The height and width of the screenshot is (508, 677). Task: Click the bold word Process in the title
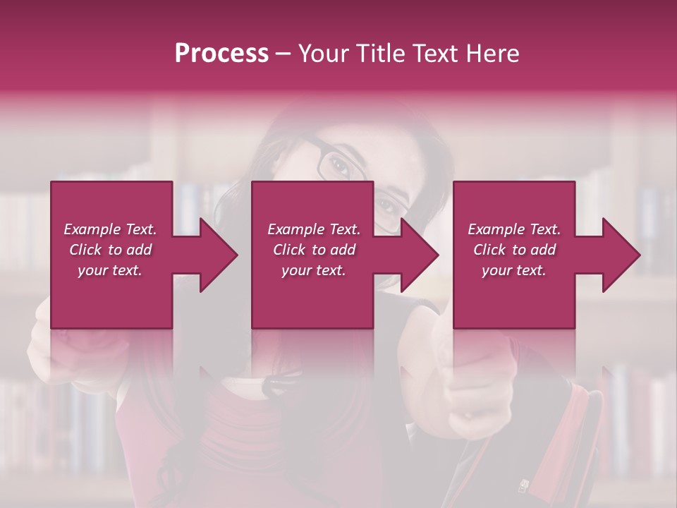(x=221, y=54)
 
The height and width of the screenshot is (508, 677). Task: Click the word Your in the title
(x=323, y=54)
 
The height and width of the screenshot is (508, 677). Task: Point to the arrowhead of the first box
(x=219, y=255)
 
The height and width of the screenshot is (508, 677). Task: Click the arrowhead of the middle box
(x=420, y=255)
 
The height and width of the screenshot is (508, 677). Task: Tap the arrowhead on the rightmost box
(x=621, y=255)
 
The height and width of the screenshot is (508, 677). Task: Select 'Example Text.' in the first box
(x=110, y=229)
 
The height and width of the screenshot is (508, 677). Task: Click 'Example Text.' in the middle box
(x=313, y=229)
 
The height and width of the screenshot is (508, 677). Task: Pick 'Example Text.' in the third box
(x=514, y=229)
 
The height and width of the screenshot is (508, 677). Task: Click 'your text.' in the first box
(x=110, y=270)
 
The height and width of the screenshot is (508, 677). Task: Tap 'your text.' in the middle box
(x=313, y=270)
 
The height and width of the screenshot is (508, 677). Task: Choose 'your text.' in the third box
(x=514, y=270)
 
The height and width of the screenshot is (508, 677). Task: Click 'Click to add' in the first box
(x=110, y=250)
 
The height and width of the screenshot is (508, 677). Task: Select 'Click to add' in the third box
(x=514, y=250)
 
